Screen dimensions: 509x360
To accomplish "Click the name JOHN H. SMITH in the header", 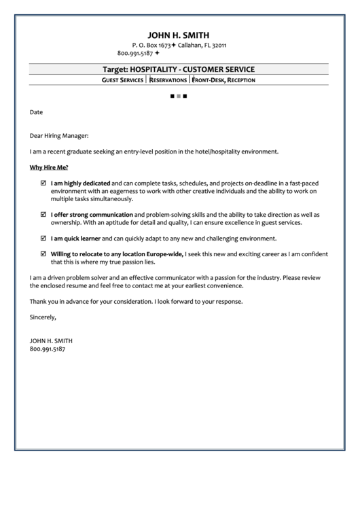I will (x=179, y=35).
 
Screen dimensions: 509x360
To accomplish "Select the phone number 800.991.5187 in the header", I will (x=135, y=53).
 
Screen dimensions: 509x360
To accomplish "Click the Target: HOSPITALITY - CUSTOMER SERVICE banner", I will (x=179, y=69).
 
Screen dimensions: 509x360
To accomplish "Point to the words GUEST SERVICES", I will (x=122, y=80).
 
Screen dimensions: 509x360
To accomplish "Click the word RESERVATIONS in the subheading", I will (x=167, y=80).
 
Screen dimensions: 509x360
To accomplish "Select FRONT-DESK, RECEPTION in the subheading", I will (x=223, y=80).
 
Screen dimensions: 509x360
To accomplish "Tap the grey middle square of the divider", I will (x=178, y=96).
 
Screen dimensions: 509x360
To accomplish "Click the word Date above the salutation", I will (x=36, y=111).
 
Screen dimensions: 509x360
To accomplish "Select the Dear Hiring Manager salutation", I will (x=59, y=135).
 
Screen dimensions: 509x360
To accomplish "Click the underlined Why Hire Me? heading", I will (x=49, y=166).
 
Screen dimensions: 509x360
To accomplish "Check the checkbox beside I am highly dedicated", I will (x=43, y=183).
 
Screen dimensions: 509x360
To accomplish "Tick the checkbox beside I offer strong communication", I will (x=43, y=214).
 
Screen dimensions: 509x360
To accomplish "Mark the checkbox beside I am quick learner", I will (x=43, y=238).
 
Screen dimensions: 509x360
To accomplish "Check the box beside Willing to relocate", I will (x=43, y=253).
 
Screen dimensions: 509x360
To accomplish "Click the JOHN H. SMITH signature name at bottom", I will (x=51, y=340).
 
